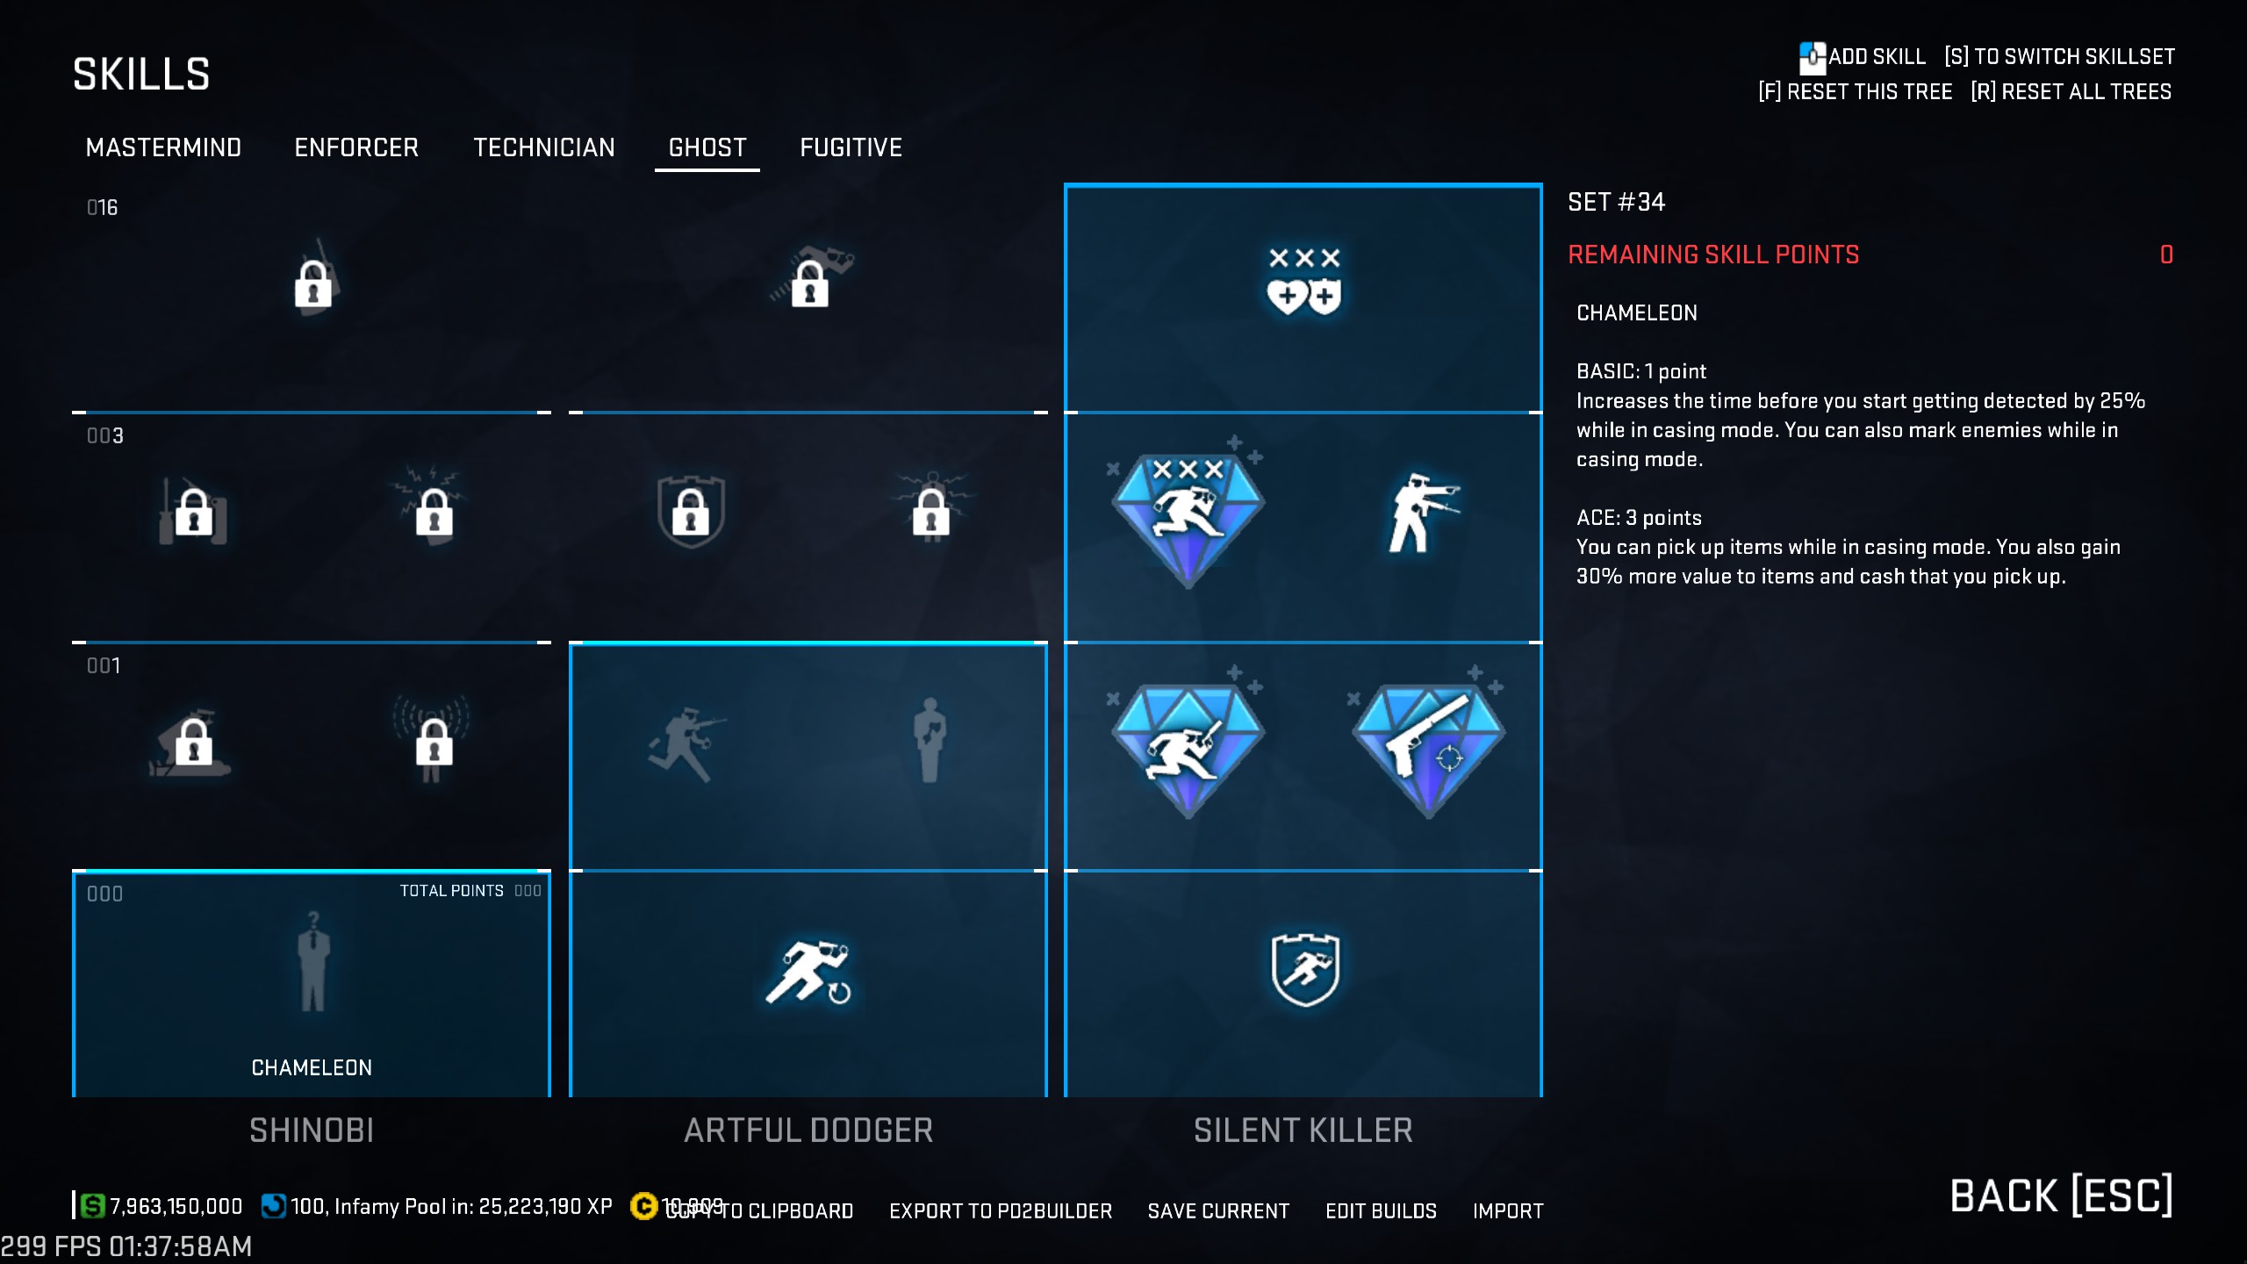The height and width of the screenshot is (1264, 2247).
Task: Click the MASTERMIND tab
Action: pos(163,147)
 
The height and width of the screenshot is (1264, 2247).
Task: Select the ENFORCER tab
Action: pos(356,147)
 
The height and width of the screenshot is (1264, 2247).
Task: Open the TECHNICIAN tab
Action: pos(544,147)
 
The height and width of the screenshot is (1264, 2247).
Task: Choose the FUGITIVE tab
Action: pos(851,147)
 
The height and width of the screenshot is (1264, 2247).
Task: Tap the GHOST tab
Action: pos(707,147)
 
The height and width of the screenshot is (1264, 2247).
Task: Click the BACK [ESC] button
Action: pos(2061,1196)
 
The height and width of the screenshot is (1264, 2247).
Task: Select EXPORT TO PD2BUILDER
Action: pos(1001,1211)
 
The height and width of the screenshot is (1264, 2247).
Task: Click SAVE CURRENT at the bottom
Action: pos(1218,1211)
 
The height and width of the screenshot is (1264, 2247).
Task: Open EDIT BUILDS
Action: pos(1381,1211)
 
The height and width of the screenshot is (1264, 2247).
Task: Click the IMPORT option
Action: pos(1508,1211)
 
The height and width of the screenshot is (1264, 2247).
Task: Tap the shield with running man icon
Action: pos(1304,969)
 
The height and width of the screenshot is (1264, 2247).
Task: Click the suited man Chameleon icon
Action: pos(312,962)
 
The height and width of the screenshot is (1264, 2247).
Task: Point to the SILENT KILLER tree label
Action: pos(1303,1131)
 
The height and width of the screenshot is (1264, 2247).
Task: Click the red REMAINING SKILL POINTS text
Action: pos(1713,255)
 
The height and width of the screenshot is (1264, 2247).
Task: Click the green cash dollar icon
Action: pos(92,1206)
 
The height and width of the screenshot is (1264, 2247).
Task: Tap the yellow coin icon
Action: pos(643,1207)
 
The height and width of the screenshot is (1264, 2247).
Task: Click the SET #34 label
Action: pos(1616,203)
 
